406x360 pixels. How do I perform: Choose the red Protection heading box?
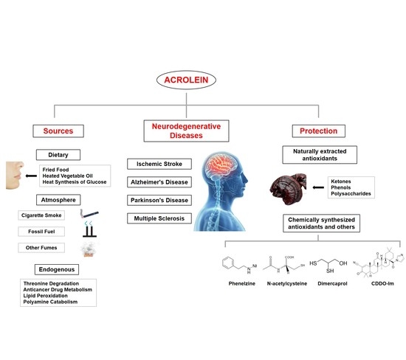coord(340,131)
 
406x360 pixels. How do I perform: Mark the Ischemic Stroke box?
coord(158,163)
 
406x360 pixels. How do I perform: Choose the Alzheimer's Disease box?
coord(158,181)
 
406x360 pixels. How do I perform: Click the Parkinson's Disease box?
coord(158,200)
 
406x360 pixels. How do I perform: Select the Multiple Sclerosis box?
coord(158,218)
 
